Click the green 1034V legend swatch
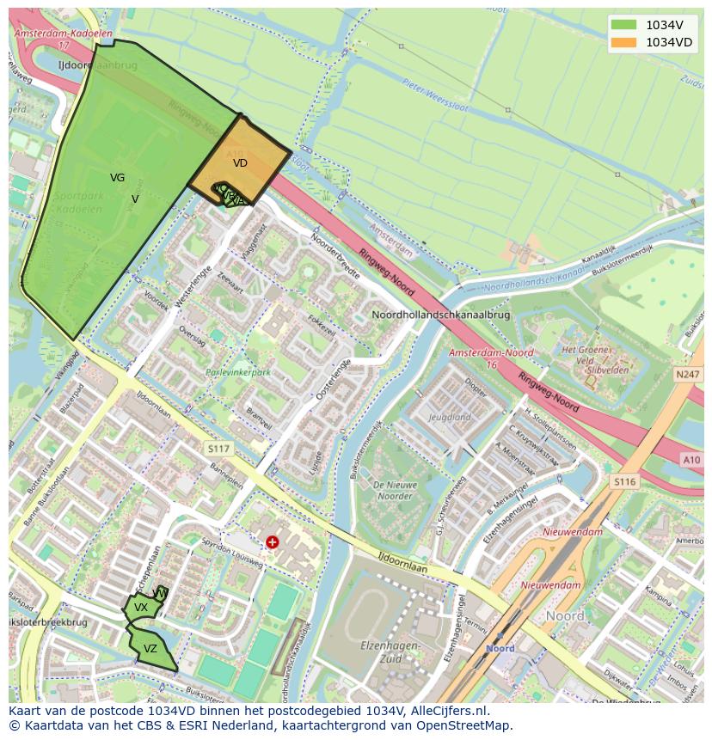point(625,24)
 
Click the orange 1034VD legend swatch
point(625,42)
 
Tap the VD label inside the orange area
point(240,162)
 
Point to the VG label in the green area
point(118,178)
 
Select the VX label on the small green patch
point(141,608)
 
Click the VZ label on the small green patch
point(150,649)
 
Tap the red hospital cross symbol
point(273,541)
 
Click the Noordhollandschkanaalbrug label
point(440,315)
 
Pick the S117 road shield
point(219,449)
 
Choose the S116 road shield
point(624,482)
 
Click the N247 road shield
point(688,375)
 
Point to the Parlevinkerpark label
point(238,373)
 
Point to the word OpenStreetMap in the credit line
point(465,725)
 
